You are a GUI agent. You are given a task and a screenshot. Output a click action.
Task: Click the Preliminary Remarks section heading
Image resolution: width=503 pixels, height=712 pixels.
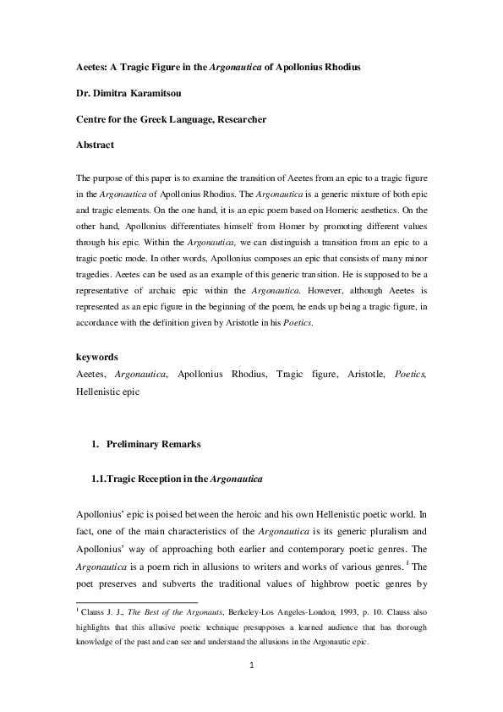point(156,444)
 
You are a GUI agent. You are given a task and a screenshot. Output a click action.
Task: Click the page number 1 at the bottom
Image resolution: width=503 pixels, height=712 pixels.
point(251,665)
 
